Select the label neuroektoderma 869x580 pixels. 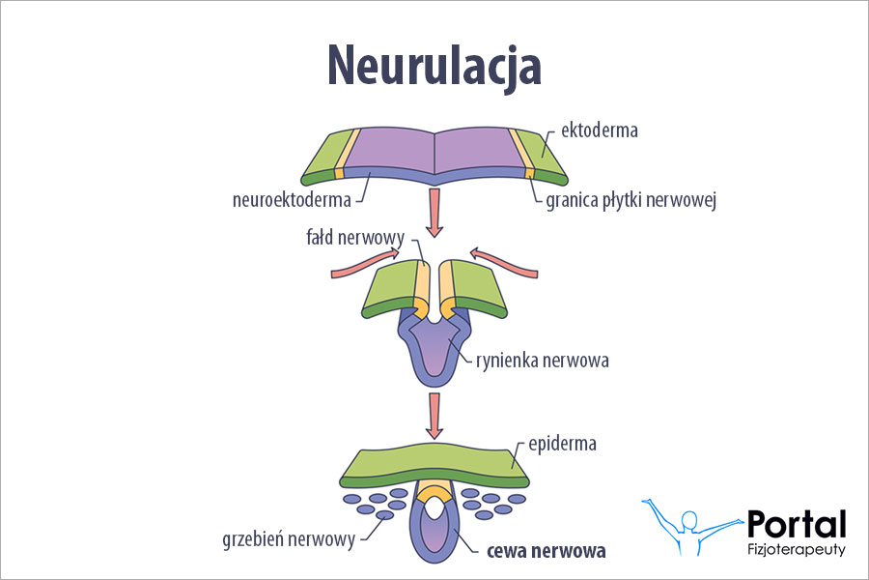(x=291, y=201)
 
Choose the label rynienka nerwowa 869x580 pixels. (x=543, y=361)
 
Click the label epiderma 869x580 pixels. (x=564, y=444)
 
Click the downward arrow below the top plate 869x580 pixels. (x=434, y=213)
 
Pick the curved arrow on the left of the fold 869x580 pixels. (x=364, y=262)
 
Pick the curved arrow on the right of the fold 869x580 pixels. (x=503, y=262)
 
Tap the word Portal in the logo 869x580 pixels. (x=797, y=525)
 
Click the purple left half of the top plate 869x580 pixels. (x=386, y=151)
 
